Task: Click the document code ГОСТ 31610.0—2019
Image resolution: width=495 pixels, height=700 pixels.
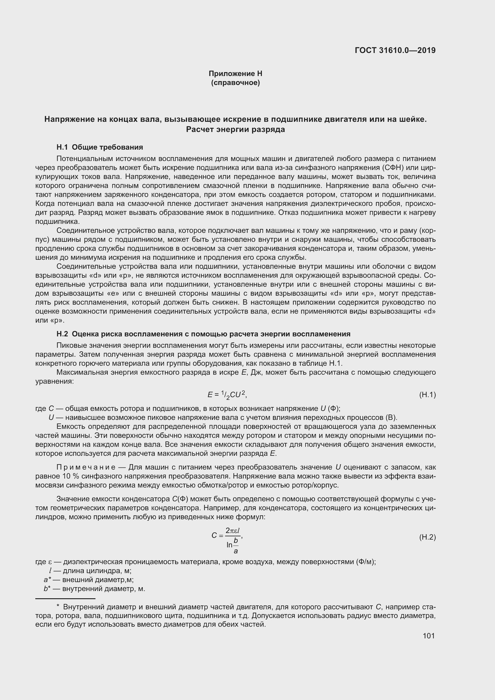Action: [395, 50]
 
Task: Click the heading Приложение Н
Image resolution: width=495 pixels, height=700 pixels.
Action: [235, 74]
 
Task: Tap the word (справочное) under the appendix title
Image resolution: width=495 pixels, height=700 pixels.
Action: [235, 83]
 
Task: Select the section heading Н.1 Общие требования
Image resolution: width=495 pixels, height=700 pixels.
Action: [100, 147]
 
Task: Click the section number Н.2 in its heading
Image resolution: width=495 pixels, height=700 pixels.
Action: [62, 334]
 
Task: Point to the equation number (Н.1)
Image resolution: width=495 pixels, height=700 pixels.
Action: [427, 395]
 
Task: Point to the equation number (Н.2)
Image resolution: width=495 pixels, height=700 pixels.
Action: [427, 537]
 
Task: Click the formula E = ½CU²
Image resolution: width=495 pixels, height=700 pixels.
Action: [227, 395]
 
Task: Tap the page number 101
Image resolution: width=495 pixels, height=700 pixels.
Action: [429, 636]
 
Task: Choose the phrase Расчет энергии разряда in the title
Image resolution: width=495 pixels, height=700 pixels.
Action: [235, 130]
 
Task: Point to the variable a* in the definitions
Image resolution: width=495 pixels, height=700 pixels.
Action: [47, 580]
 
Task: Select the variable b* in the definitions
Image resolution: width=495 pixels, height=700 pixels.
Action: [47, 589]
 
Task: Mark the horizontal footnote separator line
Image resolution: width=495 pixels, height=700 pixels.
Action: [65, 599]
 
